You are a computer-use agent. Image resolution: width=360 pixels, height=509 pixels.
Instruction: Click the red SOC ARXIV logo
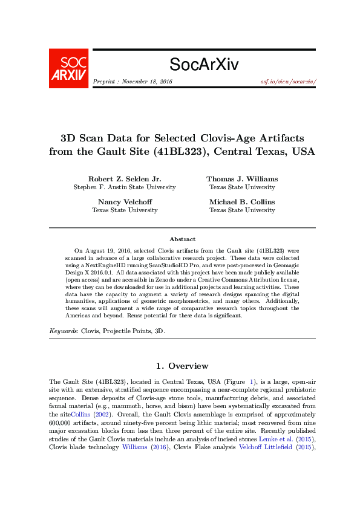tap(68, 68)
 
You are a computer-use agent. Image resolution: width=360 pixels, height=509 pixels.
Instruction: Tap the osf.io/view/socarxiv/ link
tap(287, 81)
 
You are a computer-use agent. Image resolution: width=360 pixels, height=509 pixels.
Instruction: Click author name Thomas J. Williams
tap(242, 179)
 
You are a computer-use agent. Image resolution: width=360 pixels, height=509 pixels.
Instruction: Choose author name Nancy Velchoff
tap(125, 201)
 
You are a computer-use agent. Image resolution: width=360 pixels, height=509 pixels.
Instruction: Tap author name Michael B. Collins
tap(242, 201)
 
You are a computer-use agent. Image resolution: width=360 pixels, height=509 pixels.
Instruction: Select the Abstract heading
tap(182, 239)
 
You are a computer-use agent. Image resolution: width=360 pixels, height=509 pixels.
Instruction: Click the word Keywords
tap(62, 331)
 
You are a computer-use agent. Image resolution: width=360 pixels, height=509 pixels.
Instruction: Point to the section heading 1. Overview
tap(182, 366)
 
